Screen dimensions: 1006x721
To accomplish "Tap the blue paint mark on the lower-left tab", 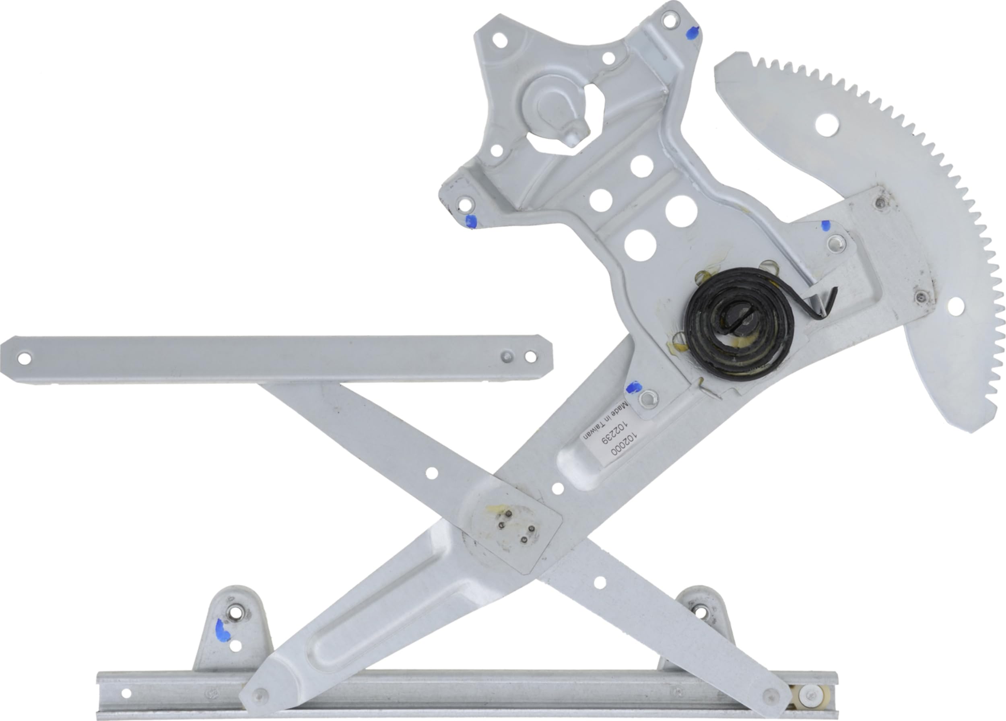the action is coord(222,631).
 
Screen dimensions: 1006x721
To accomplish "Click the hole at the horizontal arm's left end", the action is coord(25,358).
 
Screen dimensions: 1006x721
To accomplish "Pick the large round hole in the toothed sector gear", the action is coord(827,125).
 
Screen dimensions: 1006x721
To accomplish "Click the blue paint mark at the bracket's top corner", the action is coord(693,32).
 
